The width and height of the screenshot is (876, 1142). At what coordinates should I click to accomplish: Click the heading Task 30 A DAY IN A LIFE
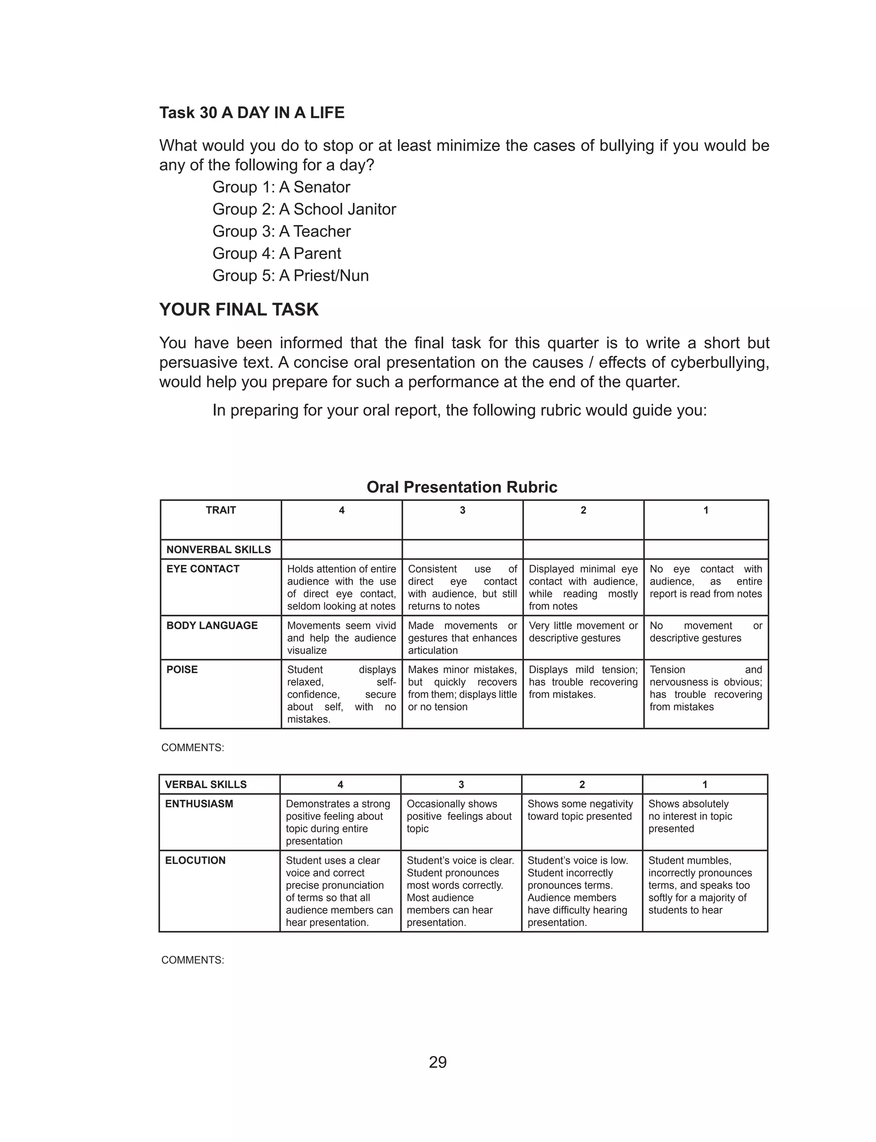pyautogui.click(x=252, y=113)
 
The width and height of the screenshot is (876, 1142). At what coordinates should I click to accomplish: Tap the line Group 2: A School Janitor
pyautogui.click(x=304, y=209)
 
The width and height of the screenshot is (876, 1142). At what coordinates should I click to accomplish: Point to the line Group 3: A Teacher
pyautogui.click(x=281, y=231)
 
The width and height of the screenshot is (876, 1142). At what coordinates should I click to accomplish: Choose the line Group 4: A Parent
pyautogui.click(x=276, y=253)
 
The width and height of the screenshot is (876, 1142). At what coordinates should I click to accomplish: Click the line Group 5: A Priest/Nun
pyautogui.click(x=290, y=275)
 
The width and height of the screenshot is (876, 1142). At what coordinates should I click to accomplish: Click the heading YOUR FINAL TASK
pyautogui.click(x=239, y=310)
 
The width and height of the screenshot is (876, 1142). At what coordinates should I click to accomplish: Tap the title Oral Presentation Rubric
pyautogui.click(x=462, y=487)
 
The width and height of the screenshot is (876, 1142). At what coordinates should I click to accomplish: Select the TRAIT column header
pyautogui.click(x=221, y=510)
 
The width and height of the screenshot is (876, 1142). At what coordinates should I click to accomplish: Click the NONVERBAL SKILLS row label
pyautogui.click(x=219, y=550)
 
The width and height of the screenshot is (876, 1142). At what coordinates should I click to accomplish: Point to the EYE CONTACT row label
pyautogui.click(x=203, y=569)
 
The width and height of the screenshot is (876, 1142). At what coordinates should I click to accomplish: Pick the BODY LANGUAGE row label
pyautogui.click(x=212, y=625)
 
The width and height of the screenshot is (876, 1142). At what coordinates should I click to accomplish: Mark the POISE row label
pyautogui.click(x=182, y=670)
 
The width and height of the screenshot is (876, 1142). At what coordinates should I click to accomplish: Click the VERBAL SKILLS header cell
pyautogui.click(x=205, y=784)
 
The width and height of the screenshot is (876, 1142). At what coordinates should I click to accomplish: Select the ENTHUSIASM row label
pyautogui.click(x=198, y=804)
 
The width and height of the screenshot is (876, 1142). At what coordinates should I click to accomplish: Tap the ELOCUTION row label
pyautogui.click(x=195, y=860)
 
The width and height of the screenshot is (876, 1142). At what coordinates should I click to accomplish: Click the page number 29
pyautogui.click(x=438, y=1062)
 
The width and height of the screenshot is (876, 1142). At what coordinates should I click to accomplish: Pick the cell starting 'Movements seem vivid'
pyautogui.click(x=341, y=638)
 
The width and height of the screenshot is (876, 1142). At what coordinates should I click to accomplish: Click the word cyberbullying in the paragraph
pyautogui.click(x=713, y=362)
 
